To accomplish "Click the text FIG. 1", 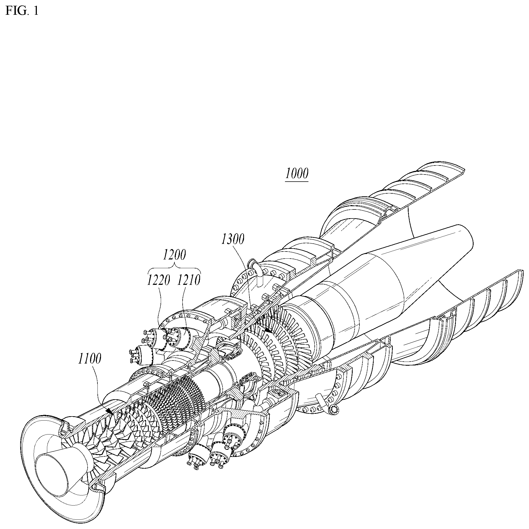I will pyautogui.click(x=22, y=11).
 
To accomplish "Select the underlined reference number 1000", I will pyautogui.click(x=297, y=174).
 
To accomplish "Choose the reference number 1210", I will pyautogui.click(x=189, y=280).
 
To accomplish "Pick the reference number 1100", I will pyautogui.click(x=90, y=359).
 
